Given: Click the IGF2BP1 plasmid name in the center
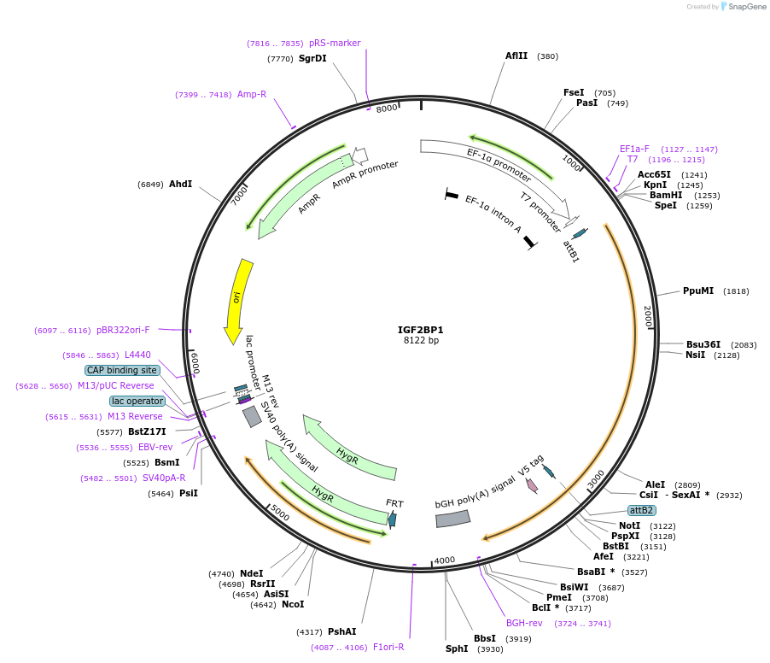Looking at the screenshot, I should (421, 329).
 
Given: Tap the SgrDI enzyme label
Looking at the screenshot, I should (312, 59).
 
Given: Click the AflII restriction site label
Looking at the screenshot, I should (516, 56).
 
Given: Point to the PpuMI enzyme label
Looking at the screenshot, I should (698, 291).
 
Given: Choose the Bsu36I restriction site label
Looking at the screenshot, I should (703, 345).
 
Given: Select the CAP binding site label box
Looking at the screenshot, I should (122, 370).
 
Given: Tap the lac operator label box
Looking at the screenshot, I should (137, 401).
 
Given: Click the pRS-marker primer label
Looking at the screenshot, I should (335, 43).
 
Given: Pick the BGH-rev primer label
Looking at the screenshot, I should (524, 623).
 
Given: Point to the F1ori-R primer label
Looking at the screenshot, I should (388, 647).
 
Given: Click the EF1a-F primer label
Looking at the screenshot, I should (634, 149).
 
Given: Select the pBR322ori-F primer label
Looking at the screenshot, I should (123, 330).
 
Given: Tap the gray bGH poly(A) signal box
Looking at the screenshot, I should (453, 519).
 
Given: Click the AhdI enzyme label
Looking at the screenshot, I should (180, 185).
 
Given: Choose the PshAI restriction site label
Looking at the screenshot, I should (341, 632).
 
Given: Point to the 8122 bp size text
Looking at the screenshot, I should (421, 341).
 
